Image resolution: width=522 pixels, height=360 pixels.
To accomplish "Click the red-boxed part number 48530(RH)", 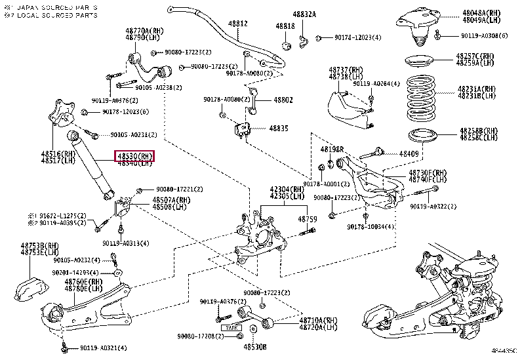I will tap(135, 156).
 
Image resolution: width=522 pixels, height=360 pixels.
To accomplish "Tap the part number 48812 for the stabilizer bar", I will tap(237, 24).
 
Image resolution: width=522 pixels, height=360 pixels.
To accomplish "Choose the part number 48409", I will tap(410, 153).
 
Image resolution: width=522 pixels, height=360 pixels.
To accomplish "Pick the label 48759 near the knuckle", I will tap(308, 219).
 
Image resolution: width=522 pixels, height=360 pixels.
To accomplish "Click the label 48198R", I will tap(332, 150).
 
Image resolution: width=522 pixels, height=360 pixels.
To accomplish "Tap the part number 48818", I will tap(285, 26).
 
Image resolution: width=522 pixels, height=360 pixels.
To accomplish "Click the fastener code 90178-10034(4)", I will tap(371, 227).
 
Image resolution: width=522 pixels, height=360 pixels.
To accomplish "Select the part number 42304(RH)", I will tap(287, 188).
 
